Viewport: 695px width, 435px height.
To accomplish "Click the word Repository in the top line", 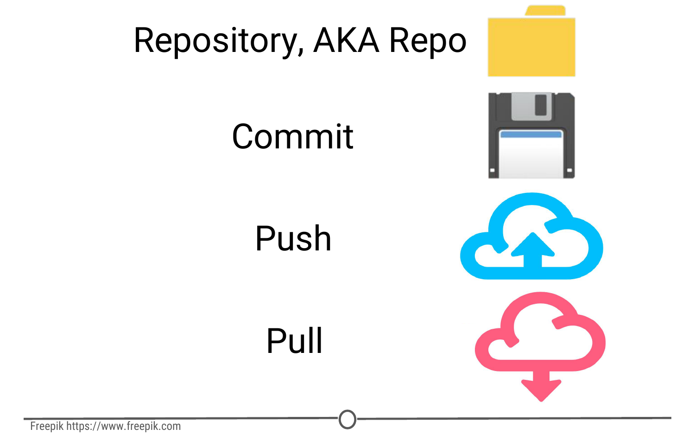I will (215, 41).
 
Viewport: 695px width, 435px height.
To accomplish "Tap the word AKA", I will (346, 41).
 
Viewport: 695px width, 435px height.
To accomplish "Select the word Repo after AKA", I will (427, 41).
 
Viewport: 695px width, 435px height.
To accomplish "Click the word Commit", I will (292, 137).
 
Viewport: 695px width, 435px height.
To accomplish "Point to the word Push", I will (293, 238).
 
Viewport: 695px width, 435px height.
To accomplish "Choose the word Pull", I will (294, 341).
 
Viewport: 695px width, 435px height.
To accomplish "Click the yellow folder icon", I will (531, 46).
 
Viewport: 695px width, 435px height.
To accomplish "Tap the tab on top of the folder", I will (545, 11).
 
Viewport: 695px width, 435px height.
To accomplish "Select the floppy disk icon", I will (531, 135).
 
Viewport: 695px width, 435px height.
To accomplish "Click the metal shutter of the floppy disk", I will (531, 106).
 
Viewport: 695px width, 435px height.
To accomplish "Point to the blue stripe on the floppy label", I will (531, 134).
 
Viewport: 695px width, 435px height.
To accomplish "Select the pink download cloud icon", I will (540, 332).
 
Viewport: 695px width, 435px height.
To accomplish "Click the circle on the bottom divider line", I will (347, 419).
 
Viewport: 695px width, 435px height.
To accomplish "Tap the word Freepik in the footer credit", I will (46, 426).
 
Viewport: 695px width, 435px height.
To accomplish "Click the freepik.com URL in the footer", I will (123, 426).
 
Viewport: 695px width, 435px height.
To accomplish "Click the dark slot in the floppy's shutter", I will (541, 105).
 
